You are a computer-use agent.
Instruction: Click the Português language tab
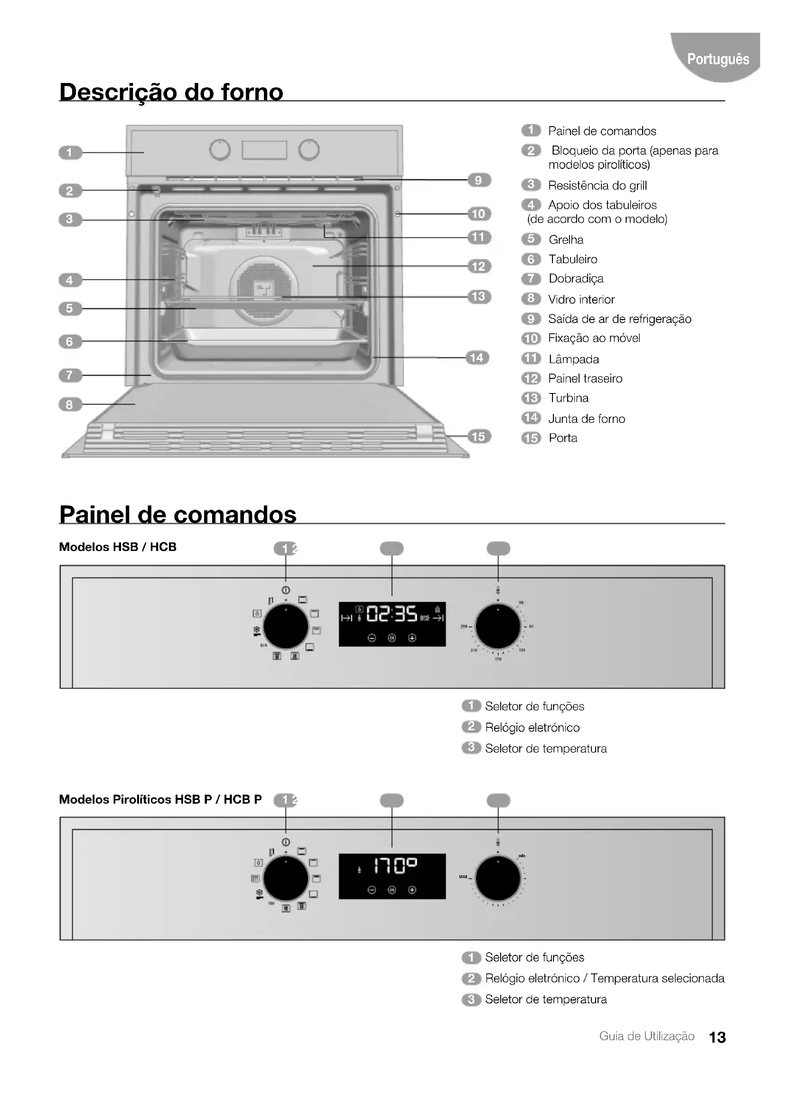pyautogui.click(x=717, y=59)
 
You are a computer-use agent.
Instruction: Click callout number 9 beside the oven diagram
pyautogui.click(x=478, y=180)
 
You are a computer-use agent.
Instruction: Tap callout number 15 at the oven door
pyautogui.click(x=478, y=437)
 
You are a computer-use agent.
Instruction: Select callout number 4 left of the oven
pyautogui.click(x=70, y=280)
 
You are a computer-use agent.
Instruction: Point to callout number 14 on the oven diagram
pyautogui.click(x=477, y=357)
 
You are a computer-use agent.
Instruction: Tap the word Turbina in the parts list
pyautogui.click(x=569, y=398)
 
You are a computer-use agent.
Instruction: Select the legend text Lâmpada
pyautogui.click(x=574, y=359)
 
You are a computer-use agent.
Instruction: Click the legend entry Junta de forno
pyautogui.click(x=586, y=419)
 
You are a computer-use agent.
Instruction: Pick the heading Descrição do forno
pyautogui.click(x=171, y=92)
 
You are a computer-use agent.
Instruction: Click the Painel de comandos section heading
pyautogui.click(x=178, y=514)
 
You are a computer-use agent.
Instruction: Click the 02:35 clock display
pyautogui.click(x=392, y=614)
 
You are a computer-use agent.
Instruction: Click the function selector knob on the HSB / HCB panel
pyautogui.click(x=286, y=626)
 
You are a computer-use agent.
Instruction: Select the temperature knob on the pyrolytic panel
pyautogui.click(x=498, y=879)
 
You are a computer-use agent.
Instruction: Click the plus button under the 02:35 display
pyautogui.click(x=412, y=638)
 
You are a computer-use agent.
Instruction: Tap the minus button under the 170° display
pyautogui.click(x=371, y=889)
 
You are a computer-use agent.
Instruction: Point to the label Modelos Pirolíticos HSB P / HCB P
pyautogui.click(x=160, y=799)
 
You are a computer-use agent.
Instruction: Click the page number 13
pyautogui.click(x=717, y=1037)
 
